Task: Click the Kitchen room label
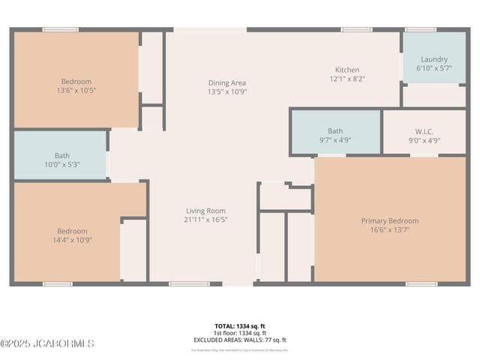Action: [x=346, y=70]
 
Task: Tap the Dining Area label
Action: [x=226, y=82]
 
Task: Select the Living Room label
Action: [x=205, y=211]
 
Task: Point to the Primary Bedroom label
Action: [x=389, y=220]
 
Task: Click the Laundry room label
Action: [x=434, y=59]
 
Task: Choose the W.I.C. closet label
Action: [x=424, y=130]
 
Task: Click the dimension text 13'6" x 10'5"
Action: [x=76, y=90]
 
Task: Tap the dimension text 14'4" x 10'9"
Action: [x=73, y=240]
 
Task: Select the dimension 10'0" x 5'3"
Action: [x=61, y=164]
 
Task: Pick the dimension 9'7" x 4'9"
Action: [x=334, y=139]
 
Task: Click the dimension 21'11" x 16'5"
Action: [x=205, y=220]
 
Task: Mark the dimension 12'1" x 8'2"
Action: [x=346, y=79]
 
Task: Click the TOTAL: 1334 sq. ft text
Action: [x=239, y=326]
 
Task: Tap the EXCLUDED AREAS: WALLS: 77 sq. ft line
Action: [x=239, y=340]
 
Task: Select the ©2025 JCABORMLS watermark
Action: [x=47, y=343]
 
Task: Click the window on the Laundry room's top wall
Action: [x=420, y=30]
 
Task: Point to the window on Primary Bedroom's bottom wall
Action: [x=421, y=284]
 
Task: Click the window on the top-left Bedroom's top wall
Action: [x=60, y=30]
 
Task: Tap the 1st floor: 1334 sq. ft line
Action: [x=239, y=333]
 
